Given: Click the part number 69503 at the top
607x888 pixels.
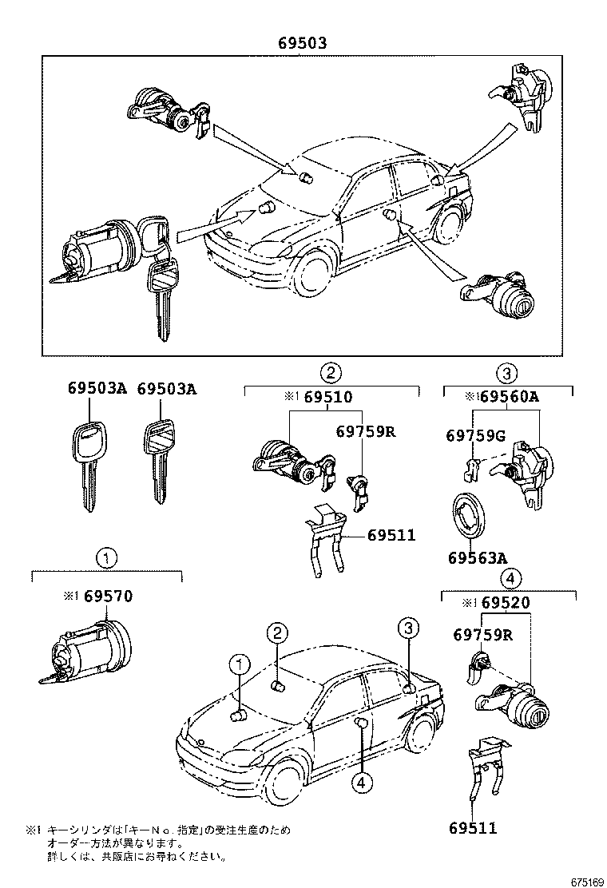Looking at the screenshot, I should (x=302, y=45).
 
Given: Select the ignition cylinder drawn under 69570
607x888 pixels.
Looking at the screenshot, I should (x=86, y=648).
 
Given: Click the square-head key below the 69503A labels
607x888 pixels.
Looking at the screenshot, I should (x=159, y=459).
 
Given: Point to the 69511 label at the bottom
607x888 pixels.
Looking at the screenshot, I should (x=473, y=828).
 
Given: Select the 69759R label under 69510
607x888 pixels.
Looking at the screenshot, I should (x=366, y=432).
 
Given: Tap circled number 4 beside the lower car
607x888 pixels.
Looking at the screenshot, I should (x=361, y=783).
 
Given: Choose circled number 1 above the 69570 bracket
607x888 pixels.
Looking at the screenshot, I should (x=107, y=557).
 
